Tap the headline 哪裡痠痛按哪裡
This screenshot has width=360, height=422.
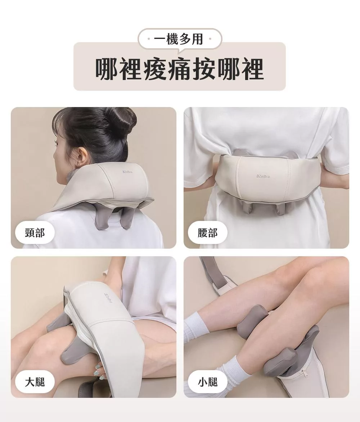(179, 69)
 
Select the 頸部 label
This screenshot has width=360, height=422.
(35, 233)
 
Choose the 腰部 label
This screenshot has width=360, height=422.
(207, 233)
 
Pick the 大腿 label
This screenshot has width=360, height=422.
(35, 382)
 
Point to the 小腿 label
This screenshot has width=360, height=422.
(207, 382)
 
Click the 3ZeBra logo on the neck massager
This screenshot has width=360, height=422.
(127, 172)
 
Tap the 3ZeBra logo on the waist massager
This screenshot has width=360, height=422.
(263, 176)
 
